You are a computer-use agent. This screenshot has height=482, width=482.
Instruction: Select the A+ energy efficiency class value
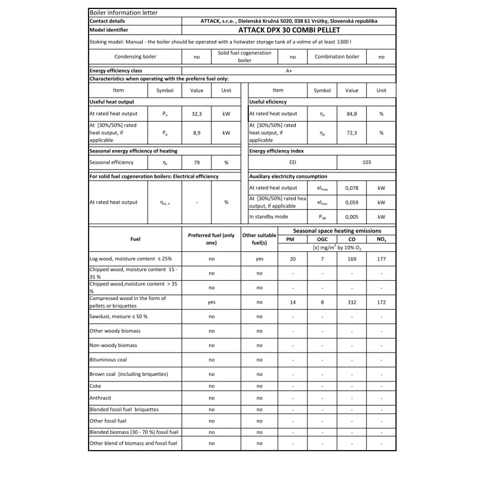[x=289, y=70]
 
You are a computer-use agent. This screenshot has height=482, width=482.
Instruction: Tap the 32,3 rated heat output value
[x=196, y=113]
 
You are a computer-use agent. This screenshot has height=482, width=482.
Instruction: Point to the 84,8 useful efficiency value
[x=351, y=113]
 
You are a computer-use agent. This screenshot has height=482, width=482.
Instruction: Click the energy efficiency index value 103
[x=366, y=162]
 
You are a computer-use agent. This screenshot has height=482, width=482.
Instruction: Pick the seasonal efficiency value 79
[x=196, y=162]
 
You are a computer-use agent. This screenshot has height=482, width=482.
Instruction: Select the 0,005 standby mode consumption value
[x=351, y=216]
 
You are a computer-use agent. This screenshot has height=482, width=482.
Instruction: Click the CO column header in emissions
[x=351, y=239]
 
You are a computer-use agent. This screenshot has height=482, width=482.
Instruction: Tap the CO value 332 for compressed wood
[x=351, y=302]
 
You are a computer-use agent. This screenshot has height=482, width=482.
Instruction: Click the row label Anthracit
[x=100, y=398]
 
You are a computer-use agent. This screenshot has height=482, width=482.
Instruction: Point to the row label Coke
[x=95, y=386]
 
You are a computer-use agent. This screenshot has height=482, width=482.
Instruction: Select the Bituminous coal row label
[x=108, y=360]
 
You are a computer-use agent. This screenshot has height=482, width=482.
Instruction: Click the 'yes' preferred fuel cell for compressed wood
[x=211, y=302]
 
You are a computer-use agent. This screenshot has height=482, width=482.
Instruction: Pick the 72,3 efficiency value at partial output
[x=351, y=133]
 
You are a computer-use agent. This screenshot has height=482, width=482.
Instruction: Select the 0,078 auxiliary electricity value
[x=351, y=188]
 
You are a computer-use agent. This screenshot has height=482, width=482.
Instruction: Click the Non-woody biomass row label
[x=113, y=345]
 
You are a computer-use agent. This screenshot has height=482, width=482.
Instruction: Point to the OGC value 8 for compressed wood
[x=322, y=302]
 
